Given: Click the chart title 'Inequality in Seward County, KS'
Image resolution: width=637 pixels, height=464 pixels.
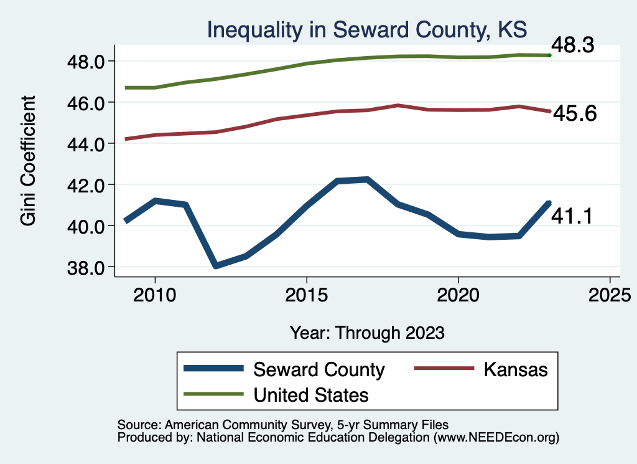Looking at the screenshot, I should [x=366, y=29].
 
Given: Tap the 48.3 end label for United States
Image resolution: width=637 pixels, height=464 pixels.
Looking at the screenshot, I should [x=573, y=45].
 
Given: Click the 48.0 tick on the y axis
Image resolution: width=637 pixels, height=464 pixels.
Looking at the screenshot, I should [x=86, y=61].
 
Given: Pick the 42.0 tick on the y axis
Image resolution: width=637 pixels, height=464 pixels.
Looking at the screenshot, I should [x=86, y=185].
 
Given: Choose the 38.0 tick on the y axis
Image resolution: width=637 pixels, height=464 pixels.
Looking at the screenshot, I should [x=86, y=267].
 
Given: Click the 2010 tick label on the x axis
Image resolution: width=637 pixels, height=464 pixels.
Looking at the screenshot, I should [x=155, y=293].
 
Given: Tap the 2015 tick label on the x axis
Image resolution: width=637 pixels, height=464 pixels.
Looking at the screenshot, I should [x=306, y=293].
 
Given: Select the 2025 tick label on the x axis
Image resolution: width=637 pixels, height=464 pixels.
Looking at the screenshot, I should [x=610, y=293].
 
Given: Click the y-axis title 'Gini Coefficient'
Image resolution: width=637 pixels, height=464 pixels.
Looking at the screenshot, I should [x=29, y=161].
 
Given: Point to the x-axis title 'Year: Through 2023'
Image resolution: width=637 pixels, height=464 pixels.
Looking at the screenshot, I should [x=367, y=333].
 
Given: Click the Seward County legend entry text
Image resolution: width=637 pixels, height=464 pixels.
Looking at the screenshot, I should [x=318, y=369].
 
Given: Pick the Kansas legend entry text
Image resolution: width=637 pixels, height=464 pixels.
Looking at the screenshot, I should [x=515, y=369].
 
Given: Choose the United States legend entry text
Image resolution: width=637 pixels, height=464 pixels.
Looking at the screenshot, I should [x=311, y=395].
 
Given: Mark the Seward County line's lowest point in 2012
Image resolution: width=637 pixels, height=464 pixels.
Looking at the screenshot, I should [x=216, y=266].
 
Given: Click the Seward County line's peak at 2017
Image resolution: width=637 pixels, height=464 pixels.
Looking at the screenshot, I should [x=367, y=179].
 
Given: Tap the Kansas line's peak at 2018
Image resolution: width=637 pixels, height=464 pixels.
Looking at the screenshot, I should [x=398, y=105].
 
